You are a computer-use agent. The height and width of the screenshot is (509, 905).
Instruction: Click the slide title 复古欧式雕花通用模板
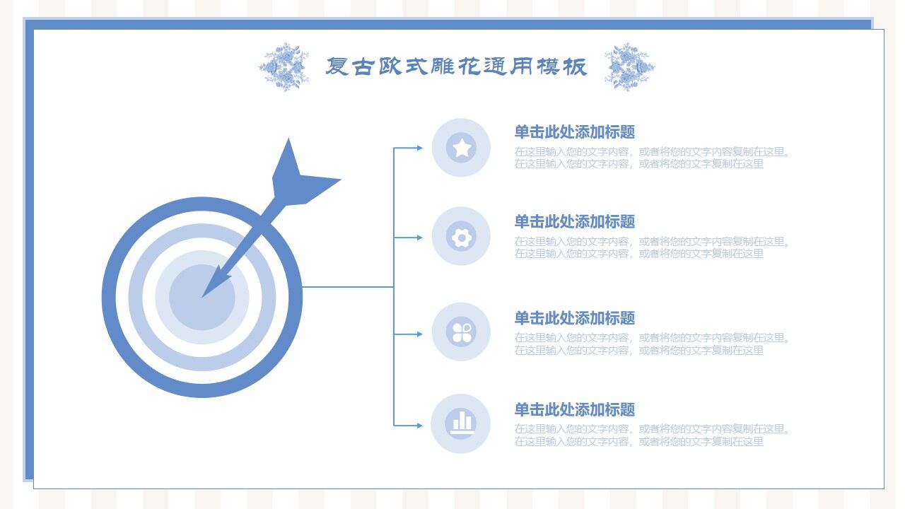click(456, 66)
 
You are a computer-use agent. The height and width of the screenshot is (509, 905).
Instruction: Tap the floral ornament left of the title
click(284, 67)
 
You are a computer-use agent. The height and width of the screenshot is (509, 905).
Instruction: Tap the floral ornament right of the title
click(629, 67)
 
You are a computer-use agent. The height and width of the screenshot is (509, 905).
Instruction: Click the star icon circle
click(461, 148)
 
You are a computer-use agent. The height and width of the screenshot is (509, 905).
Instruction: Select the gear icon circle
click(461, 237)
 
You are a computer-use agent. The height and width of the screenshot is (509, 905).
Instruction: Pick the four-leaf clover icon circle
click(461, 332)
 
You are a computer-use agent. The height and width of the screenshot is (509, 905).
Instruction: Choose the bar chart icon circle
click(461, 423)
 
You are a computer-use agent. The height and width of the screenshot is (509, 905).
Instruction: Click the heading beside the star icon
click(574, 132)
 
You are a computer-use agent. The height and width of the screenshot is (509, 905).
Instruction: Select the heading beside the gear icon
click(574, 222)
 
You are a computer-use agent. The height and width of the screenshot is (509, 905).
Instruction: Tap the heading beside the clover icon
click(574, 318)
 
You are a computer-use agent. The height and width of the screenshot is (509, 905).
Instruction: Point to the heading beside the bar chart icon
click(574, 409)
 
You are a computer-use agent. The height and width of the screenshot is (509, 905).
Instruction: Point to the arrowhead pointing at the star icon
click(419, 148)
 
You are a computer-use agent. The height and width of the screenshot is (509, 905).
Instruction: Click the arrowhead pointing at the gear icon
click(419, 238)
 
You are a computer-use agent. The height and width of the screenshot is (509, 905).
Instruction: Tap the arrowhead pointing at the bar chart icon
click(419, 426)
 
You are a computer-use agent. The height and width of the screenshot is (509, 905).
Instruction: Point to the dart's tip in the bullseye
click(206, 293)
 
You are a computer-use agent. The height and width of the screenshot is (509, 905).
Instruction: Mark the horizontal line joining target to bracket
click(346, 287)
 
